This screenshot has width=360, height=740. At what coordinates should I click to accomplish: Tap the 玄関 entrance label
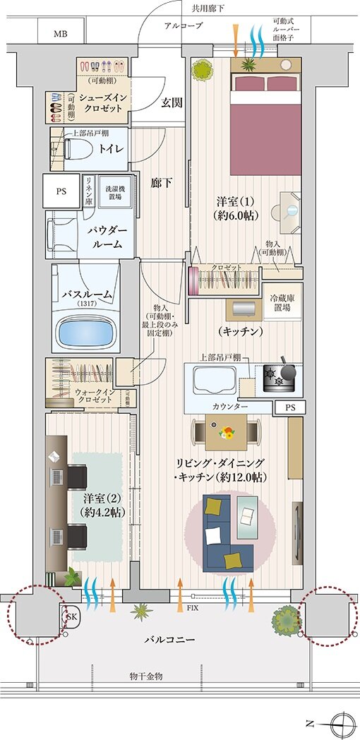(172, 102)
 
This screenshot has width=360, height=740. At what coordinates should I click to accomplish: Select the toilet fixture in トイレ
(78, 148)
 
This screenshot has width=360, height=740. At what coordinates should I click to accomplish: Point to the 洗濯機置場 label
(113, 191)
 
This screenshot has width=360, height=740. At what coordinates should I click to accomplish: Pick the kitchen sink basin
(209, 381)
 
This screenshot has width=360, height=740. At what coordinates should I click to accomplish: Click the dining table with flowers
(227, 431)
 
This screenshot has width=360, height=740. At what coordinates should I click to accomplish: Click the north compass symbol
(342, 722)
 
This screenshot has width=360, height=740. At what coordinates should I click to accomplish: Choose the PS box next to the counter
(291, 407)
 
